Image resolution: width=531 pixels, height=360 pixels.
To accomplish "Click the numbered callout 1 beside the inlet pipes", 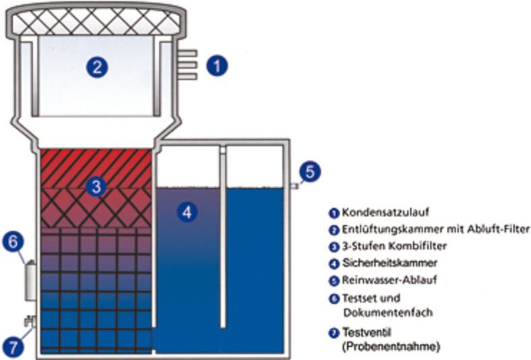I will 217,66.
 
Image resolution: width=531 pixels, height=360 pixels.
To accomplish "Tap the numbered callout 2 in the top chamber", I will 98,67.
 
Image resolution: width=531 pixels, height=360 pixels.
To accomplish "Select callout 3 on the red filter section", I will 97,187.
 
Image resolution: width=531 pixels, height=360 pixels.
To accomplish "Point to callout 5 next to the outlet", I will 309,171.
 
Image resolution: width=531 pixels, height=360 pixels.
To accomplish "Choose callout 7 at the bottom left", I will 14,347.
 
